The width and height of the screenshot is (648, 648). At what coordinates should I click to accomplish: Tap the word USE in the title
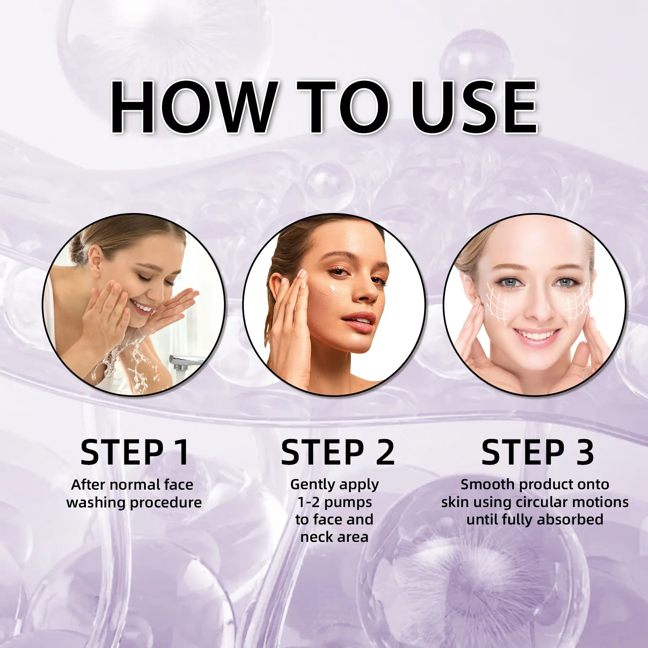[x=474, y=107]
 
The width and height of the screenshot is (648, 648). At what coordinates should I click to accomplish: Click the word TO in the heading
[x=343, y=107]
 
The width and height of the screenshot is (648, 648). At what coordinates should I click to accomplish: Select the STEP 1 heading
[x=135, y=452]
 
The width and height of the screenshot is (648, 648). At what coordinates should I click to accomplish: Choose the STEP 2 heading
[x=338, y=452]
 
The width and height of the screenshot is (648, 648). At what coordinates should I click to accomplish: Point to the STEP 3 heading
[x=537, y=452]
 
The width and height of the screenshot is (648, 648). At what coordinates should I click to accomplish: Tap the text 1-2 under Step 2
[x=309, y=502]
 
